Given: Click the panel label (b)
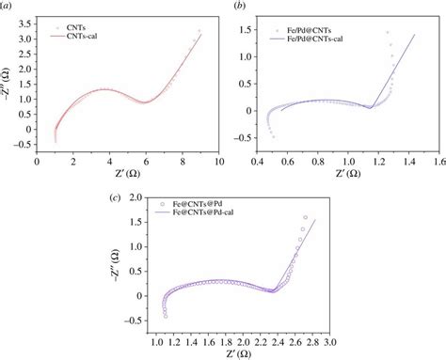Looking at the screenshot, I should pyautogui.click(x=241, y=8).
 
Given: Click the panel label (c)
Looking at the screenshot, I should pyautogui.click(x=114, y=197).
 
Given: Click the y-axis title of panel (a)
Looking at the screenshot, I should pyautogui.click(x=9, y=88).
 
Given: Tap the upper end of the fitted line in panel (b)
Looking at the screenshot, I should pyautogui.click(x=415, y=34).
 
